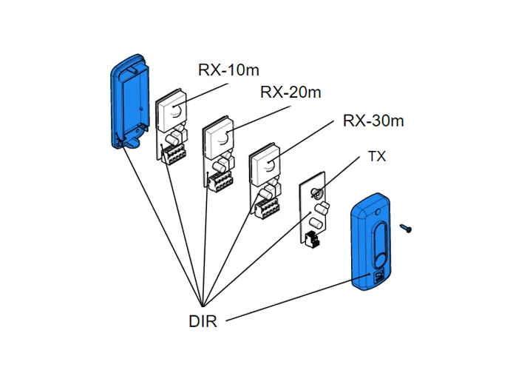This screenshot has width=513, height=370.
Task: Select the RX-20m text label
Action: tap(291, 92)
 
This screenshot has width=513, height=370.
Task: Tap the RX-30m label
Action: tap(373, 121)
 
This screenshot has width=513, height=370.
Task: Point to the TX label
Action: tap(377, 157)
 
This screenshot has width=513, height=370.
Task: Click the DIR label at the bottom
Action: tap(203, 321)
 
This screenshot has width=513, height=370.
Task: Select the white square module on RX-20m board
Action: tap(219, 136)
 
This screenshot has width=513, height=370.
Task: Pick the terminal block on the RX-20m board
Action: tap(221, 183)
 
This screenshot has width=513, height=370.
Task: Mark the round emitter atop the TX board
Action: tap(317, 194)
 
